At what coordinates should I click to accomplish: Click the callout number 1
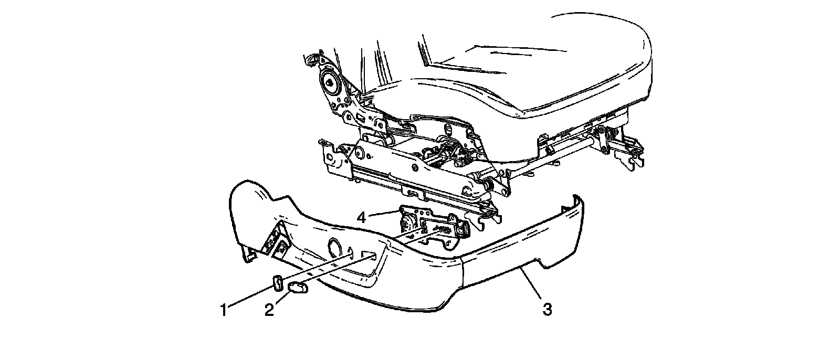coord(224,310)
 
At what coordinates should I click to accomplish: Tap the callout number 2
coord(269,310)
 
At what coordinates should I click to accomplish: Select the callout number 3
coord(547,310)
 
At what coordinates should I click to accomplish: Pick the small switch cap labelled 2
coord(297,287)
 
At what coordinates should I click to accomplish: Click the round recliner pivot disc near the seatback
coord(330,81)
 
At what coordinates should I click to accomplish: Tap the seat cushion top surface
coord(525,68)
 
